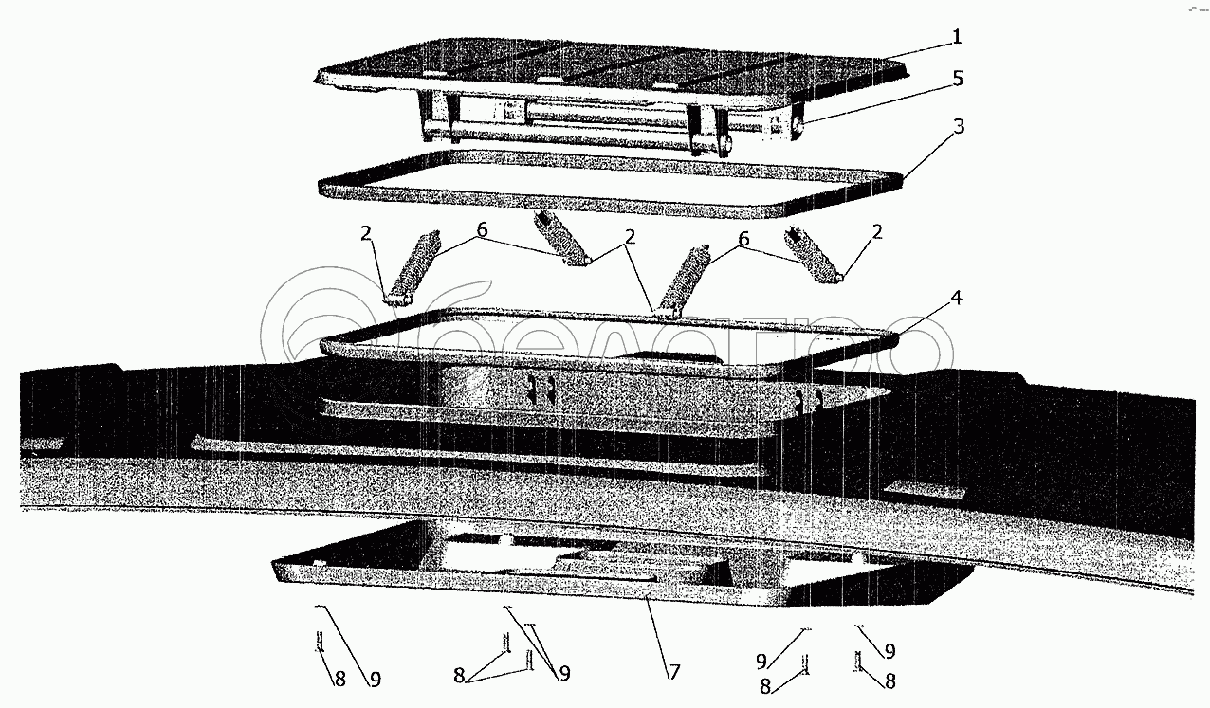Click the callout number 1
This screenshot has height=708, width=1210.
point(957,37)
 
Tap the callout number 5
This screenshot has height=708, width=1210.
point(958,79)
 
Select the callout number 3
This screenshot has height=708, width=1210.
point(959,127)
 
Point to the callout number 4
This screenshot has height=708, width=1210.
point(957,298)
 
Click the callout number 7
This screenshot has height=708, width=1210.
point(674,673)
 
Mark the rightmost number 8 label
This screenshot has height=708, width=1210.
point(889,680)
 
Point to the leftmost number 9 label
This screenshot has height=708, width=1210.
point(375,679)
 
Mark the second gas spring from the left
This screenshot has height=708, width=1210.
point(561,240)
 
